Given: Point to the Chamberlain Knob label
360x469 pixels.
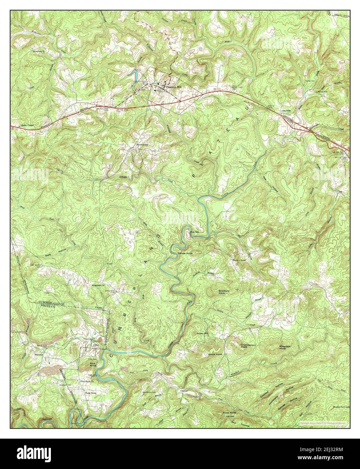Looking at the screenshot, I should coord(249,346).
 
